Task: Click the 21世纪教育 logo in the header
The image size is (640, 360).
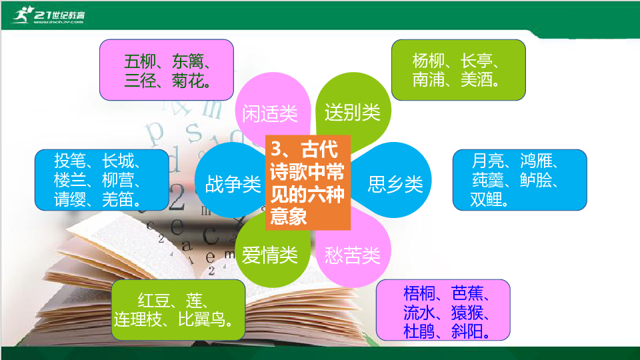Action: pos(49,15)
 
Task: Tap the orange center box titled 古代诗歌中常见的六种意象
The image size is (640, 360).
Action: pos(308,183)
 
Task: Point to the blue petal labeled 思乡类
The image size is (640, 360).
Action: pos(393,180)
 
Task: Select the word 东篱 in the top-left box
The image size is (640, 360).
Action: pos(188,61)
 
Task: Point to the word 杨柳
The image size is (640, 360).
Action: pos(428,61)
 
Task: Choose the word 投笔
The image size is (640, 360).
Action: pos(70,161)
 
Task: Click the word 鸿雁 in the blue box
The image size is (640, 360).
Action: pos(536,161)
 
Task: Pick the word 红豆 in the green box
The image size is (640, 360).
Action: pos(153,301)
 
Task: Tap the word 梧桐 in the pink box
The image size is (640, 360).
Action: pos(419,293)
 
